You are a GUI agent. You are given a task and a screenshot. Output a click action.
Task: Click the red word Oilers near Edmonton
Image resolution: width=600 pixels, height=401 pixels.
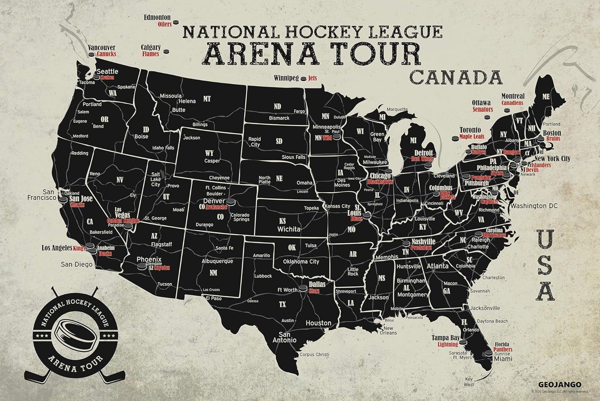(x=164, y=24)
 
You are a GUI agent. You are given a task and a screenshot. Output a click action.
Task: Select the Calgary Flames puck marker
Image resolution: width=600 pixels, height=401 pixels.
(x=167, y=51)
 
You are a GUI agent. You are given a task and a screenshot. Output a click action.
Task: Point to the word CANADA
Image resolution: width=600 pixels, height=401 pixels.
(x=456, y=77)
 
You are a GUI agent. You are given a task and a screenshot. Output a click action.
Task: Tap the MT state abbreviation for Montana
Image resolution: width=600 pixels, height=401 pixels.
(x=207, y=99)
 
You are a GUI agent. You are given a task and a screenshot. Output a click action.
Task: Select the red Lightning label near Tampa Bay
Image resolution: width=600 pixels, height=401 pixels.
(x=448, y=344)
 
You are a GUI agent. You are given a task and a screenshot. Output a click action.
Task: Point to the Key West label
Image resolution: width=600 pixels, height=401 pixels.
(x=469, y=382)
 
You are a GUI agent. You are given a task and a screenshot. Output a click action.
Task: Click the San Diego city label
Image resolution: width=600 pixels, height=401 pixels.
(x=76, y=264)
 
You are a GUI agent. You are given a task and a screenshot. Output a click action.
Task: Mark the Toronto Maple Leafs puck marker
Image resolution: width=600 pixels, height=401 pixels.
(x=455, y=139)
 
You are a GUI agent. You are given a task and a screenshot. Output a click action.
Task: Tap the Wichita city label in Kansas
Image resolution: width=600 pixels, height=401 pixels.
(x=289, y=229)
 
